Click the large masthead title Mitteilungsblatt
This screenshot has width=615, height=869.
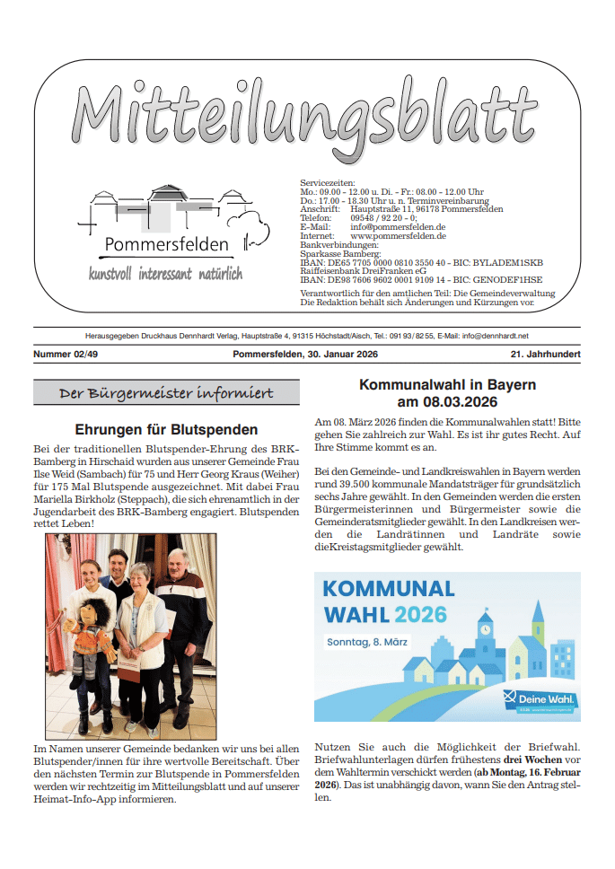[x=304, y=114]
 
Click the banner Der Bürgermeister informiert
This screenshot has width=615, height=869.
[x=166, y=394]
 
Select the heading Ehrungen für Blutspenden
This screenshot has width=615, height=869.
[x=166, y=430]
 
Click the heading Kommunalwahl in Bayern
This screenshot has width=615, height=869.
[x=447, y=385]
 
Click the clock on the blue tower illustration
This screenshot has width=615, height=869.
[x=486, y=629]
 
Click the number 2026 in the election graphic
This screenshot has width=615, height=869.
[x=420, y=615]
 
